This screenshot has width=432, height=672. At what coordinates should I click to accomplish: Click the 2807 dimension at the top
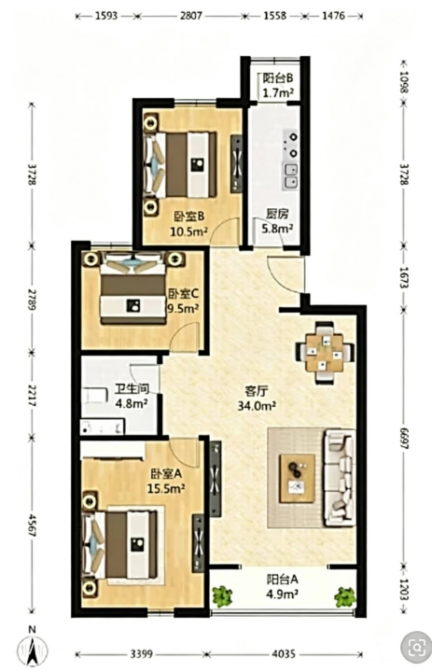[190, 16]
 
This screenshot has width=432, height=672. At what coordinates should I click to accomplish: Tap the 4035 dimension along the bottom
[284, 654]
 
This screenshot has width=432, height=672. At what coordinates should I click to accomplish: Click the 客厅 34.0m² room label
[257, 399]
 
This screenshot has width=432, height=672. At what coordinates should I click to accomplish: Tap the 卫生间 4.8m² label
[132, 396]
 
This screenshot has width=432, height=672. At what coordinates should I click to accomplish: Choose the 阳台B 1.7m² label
[278, 85]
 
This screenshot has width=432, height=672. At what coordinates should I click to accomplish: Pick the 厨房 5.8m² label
[277, 220]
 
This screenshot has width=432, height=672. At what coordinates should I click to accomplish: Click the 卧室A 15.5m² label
[166, 481]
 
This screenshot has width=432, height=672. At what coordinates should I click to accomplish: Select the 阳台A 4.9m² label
[283, 587]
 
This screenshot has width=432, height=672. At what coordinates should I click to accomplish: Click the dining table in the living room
[325, 353]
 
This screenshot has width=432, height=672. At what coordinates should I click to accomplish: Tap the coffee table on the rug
[297, 478]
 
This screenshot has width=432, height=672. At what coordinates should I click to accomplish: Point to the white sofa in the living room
[340, 478]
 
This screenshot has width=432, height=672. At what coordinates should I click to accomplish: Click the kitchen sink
[290, 176]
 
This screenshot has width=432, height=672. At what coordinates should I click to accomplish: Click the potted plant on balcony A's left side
[222, 596]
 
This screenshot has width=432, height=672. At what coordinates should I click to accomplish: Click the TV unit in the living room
[216, 479]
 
